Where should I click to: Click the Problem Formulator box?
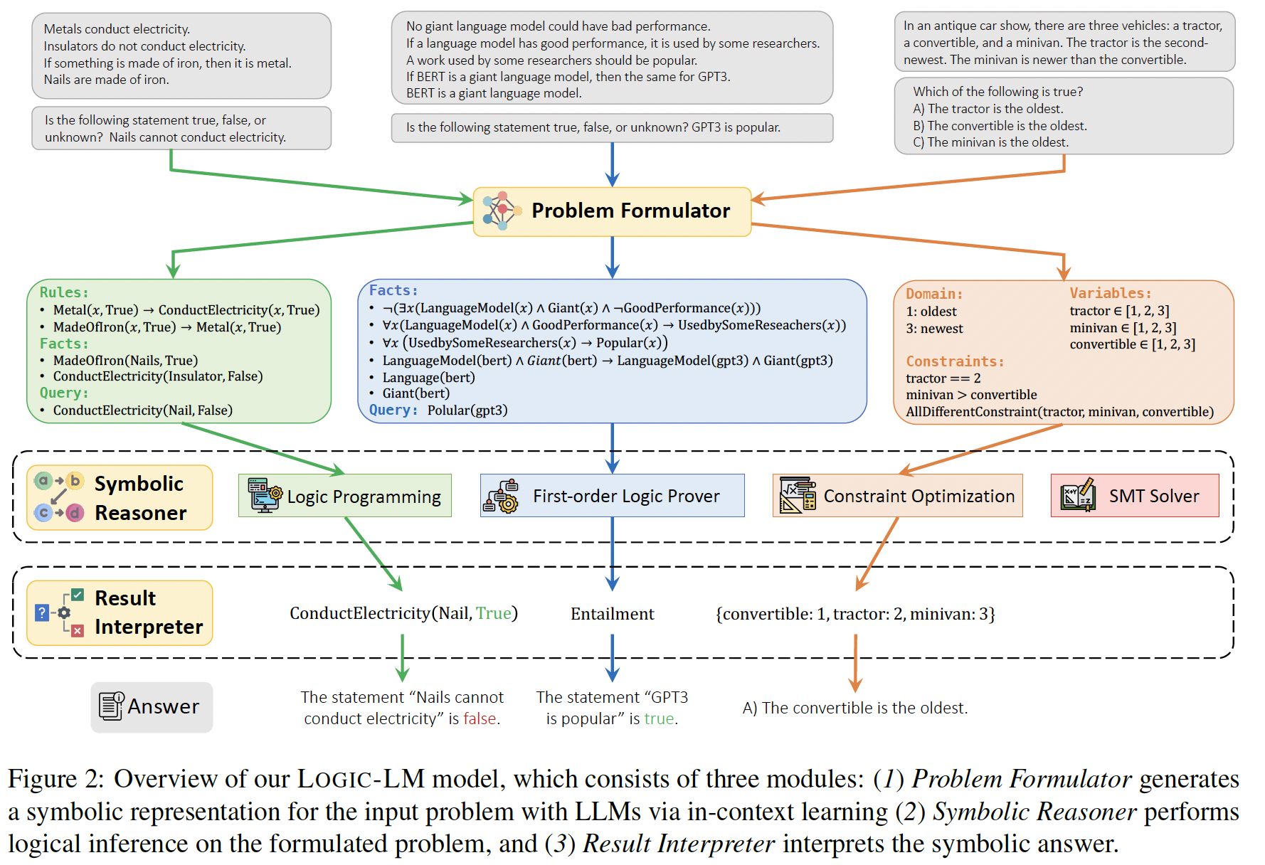click(612, 211)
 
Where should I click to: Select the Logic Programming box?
click(345, 496)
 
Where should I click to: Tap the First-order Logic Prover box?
click(613, 496)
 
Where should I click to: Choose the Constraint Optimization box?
click(898, 496)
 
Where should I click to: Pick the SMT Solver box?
click(1135, 496)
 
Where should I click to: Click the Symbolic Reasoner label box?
click(120, 498)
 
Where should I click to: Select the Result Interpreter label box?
click(120, 612)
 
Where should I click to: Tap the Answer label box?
click(152, 707)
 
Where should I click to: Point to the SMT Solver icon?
click(1077, 495)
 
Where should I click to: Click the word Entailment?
click(612, 614)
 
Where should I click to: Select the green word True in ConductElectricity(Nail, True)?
click(494, 613)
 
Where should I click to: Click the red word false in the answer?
click(480, 719)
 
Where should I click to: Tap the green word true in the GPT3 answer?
click(659, 719)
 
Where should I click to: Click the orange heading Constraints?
click(955, 361)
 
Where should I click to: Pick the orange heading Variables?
click(1110, 293)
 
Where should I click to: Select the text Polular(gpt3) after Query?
click(467, 410)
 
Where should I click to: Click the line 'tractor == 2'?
click(943, 378)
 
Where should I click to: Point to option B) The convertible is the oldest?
click(1000, 126)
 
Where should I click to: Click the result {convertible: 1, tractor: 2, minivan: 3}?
click(855, 614)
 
